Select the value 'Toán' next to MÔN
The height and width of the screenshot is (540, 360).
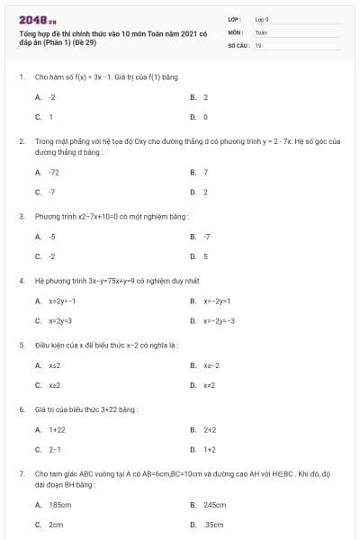coord(261,31)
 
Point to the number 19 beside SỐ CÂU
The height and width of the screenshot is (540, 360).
coord(258,44)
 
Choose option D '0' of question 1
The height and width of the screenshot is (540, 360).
coord(205,116)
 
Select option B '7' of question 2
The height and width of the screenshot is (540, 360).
coord(206,172)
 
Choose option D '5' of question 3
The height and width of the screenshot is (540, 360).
coord(205,256)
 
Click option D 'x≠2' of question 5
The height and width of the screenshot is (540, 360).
coord(210,385)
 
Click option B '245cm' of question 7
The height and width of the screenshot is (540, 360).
coord(214,505)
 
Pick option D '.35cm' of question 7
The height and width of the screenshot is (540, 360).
coord(213,524)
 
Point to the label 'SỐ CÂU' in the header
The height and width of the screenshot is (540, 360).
coord(237,44)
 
